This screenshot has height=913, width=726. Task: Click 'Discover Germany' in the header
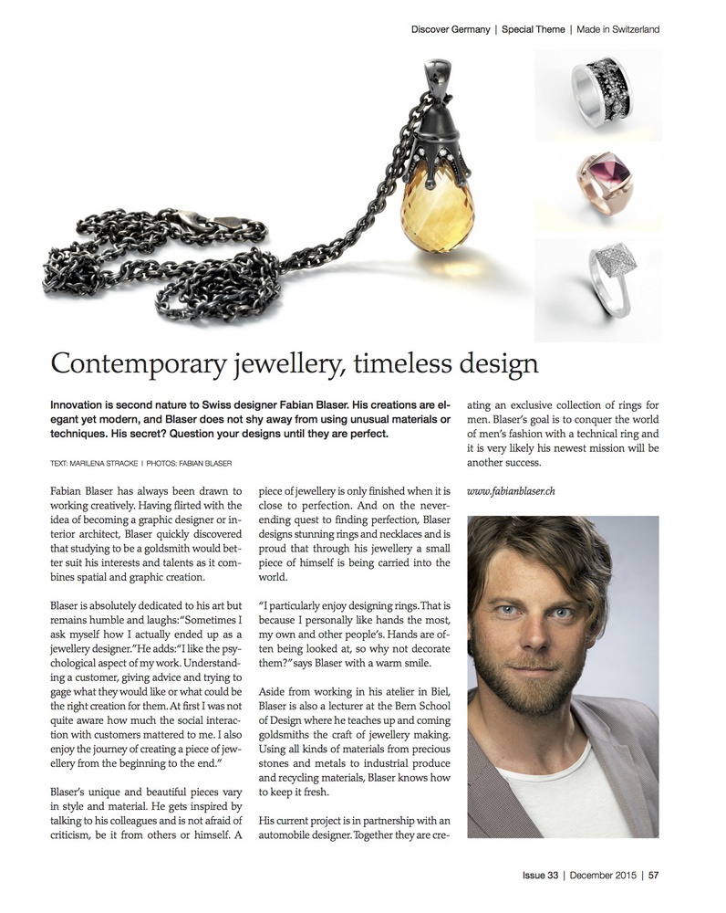451,29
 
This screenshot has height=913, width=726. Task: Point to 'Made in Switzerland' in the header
618,29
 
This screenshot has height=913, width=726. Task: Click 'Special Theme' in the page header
534,29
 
